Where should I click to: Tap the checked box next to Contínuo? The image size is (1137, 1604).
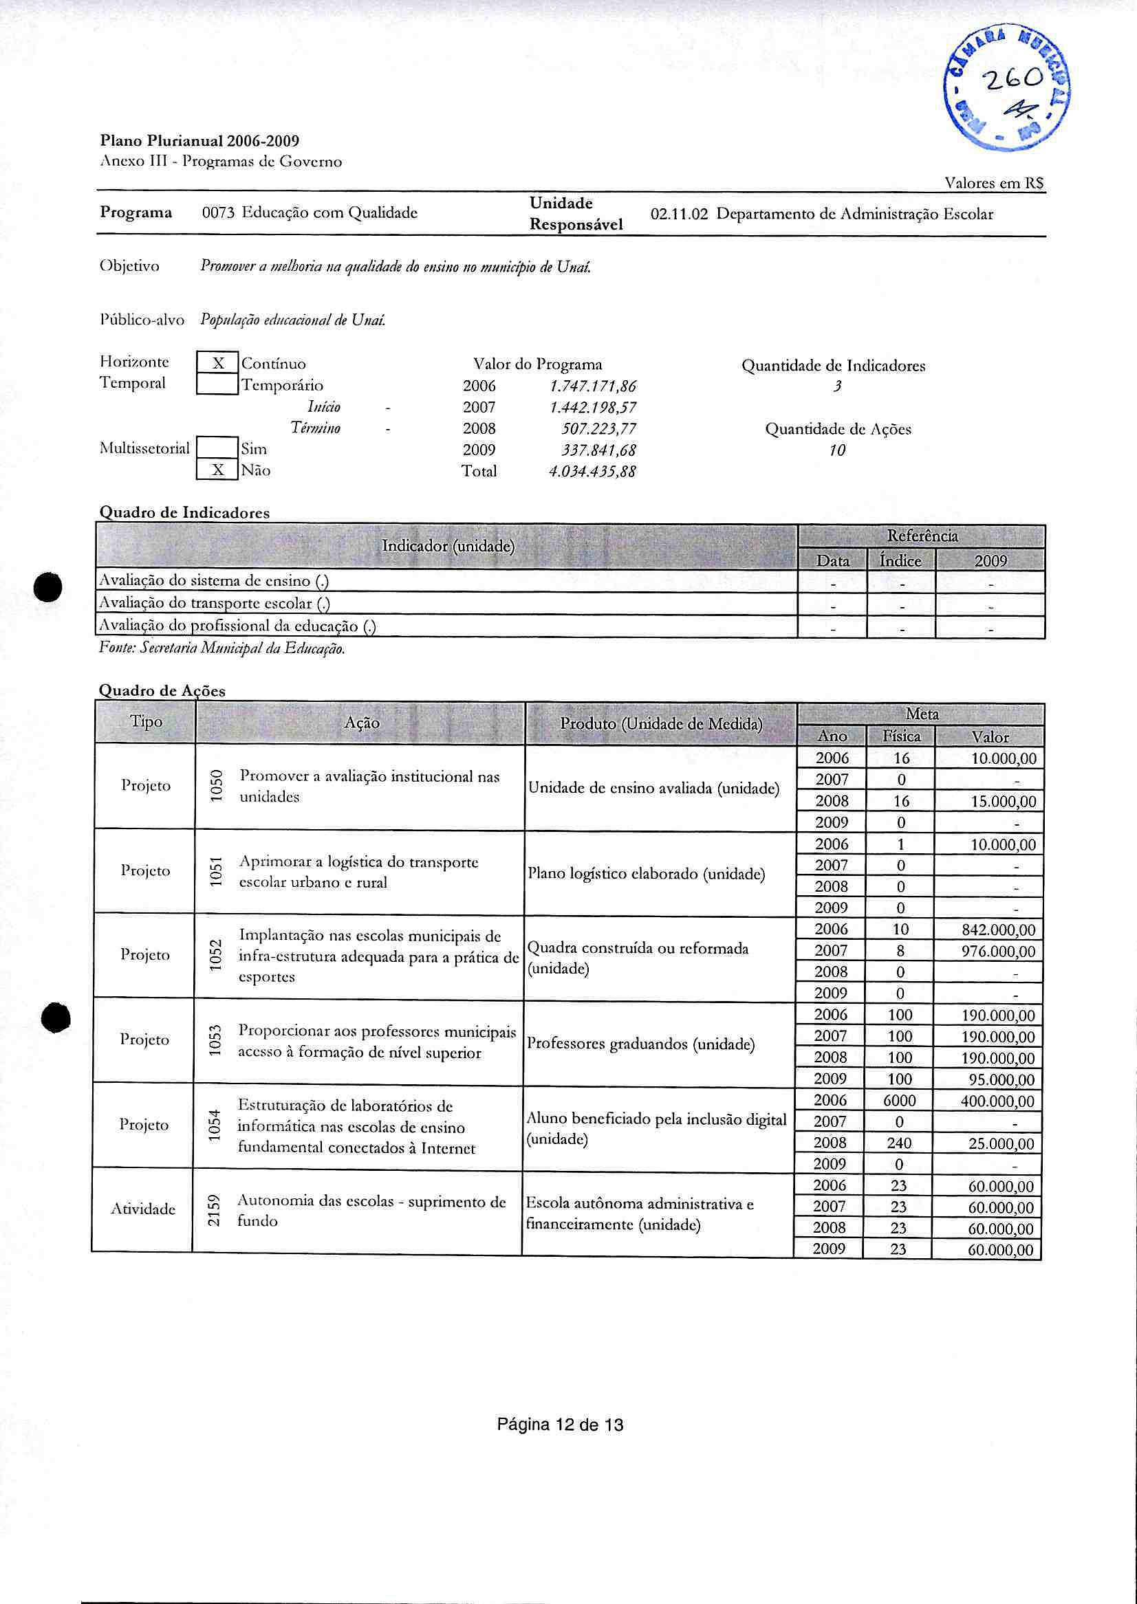(x=218, y=363)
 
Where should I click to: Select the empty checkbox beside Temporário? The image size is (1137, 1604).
(x=218, y=384)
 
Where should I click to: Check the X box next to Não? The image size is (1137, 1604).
(x=218, y=470)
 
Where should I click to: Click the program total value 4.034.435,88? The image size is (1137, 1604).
(x=592, y=472)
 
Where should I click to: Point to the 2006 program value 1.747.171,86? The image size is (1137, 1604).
(x=592, y=386)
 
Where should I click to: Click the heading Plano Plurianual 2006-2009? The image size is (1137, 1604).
(x=199, y=141)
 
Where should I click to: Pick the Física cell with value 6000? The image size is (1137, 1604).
(x=899, y=1101)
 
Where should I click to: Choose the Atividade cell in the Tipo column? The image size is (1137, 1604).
(x=143, y=1209)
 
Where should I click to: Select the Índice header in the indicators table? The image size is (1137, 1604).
(x=900, y=560)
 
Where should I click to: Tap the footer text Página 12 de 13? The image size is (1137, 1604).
(x=559, y=1424)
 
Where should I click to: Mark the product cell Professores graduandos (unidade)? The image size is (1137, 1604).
(x=640, y=1044)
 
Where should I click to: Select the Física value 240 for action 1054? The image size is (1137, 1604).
(x=899, y=1143)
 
